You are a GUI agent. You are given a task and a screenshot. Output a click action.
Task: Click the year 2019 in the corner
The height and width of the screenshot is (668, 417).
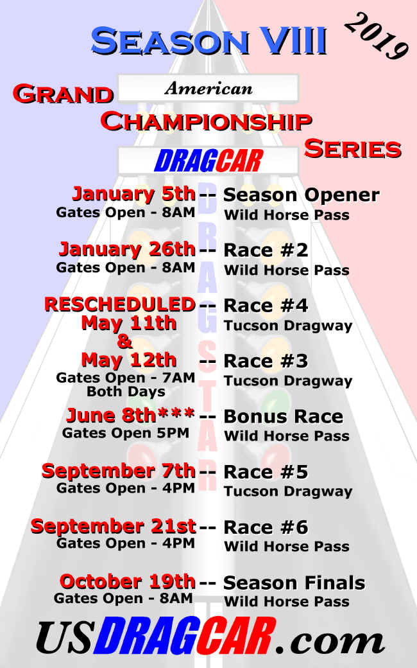tap(376, 37)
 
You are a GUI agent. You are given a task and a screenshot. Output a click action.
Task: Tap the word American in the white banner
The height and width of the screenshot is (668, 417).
tap(208, 88)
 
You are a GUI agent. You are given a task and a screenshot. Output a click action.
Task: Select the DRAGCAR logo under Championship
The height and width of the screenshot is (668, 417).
tap(208, 161)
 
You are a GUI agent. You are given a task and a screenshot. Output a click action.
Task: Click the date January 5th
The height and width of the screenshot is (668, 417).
tap(134, 194)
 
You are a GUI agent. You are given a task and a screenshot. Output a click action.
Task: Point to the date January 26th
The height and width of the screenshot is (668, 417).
tap(128, 249)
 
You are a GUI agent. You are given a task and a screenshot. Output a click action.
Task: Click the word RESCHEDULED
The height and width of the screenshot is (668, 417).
tap(120, 304)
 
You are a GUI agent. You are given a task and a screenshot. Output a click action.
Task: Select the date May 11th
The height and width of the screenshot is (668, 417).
tap(129, 323)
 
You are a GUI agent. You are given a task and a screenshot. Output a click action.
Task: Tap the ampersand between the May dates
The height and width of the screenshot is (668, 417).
tap(124, 341)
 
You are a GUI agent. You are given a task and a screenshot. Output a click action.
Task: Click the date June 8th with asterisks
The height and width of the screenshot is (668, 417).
tap(131, 416)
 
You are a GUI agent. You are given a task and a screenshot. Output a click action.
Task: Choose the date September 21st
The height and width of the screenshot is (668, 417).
tap(114, 527)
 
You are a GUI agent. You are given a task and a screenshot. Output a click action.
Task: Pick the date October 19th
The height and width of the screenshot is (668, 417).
tap(128, 581)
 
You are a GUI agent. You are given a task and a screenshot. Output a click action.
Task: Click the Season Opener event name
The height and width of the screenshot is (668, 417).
tap(302, 195)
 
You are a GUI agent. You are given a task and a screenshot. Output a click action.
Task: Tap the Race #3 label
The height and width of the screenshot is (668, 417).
tap(266, 361)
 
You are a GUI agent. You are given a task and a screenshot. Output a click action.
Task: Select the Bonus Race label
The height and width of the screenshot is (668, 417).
tap(284, 416)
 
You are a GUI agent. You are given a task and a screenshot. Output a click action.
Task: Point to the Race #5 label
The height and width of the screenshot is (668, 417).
tap(266, 471)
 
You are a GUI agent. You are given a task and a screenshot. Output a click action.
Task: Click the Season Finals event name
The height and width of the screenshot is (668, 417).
tap(294, 583)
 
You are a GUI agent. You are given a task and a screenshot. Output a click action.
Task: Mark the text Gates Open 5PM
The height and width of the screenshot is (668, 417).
tap(126, 434)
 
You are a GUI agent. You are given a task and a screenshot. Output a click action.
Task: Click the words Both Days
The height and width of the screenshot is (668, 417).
tap(126, 392)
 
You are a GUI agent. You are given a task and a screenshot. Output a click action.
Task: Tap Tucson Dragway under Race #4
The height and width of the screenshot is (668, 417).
tap(288, 326)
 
